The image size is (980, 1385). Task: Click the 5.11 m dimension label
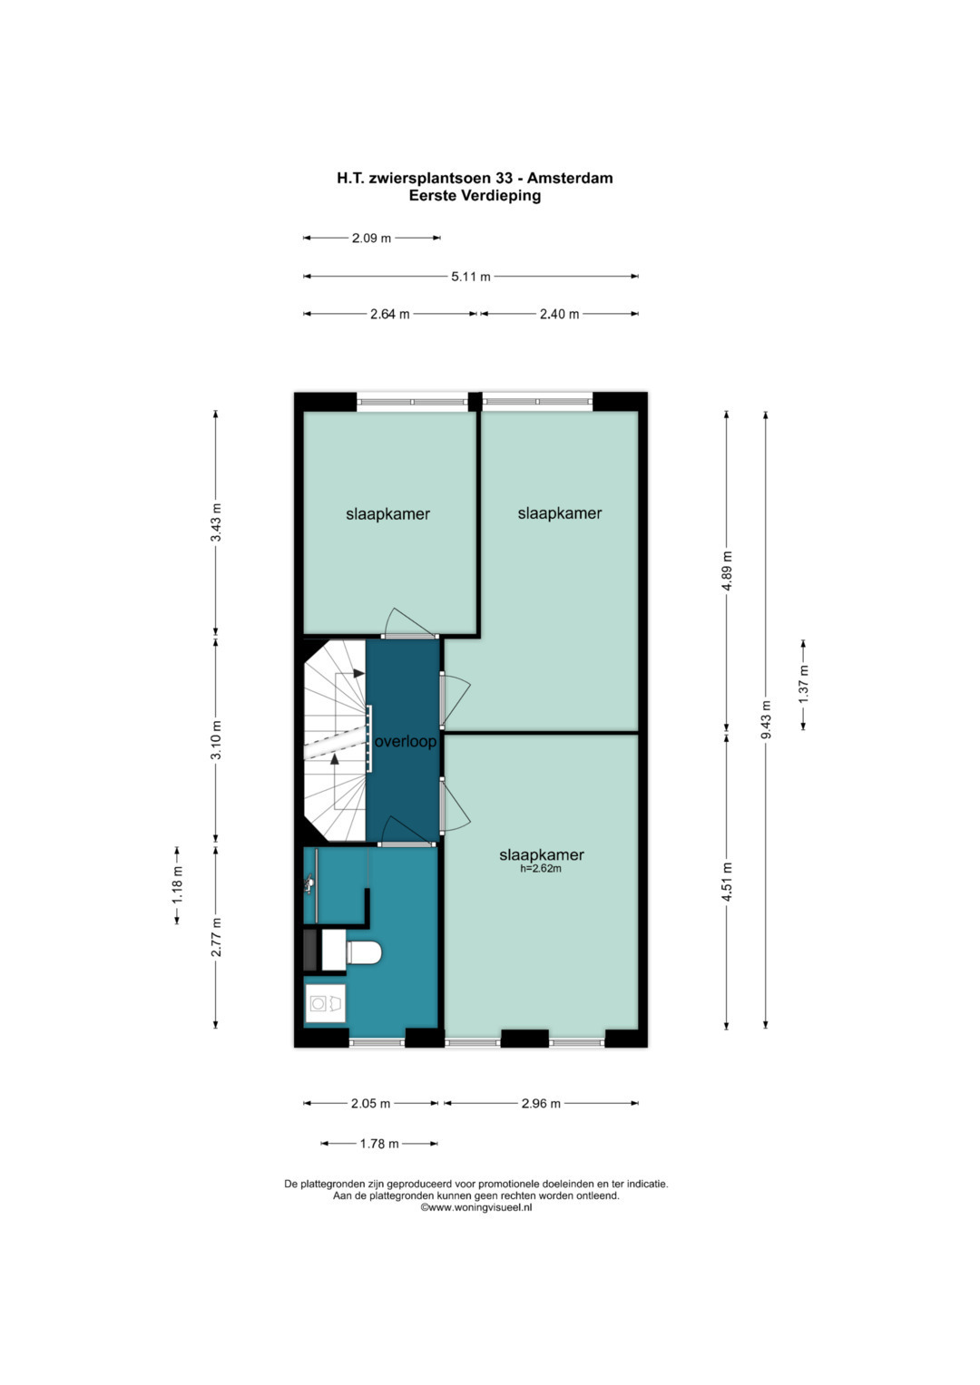[470, 277]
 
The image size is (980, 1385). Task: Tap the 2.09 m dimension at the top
[371, 238]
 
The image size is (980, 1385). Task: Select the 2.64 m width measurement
[390, 314]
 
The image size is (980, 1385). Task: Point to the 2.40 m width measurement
[559, 314]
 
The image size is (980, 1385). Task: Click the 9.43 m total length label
[766, 719]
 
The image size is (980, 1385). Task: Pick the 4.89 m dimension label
[727, 571]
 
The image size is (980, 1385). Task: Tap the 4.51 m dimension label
[727, 882]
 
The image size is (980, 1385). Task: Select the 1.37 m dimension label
[804, 683]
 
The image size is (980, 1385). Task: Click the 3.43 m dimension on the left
[216, 522]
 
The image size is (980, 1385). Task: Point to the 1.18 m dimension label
[178, 884]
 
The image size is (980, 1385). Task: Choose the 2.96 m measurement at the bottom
[541, 1103]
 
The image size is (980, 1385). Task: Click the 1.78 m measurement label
[379, 1144]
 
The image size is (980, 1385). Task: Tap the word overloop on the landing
[406, 741]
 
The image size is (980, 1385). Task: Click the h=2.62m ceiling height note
[541, 869]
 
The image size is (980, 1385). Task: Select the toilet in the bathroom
[363, 952]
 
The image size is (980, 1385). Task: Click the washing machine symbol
[326, 1003]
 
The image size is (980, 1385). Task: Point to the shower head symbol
[309, 885]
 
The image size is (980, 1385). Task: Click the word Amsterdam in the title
[569, 178]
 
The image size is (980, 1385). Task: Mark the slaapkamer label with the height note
[542, 854]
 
